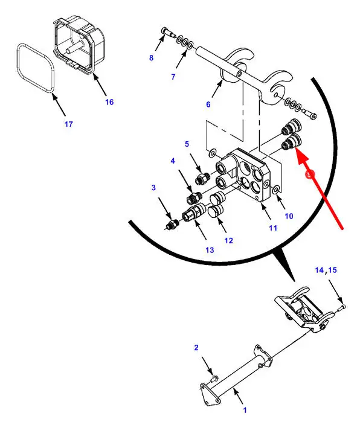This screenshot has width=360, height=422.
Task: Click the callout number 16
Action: (x=109, y=102)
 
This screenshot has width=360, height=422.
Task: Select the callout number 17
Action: (x=69, y=124)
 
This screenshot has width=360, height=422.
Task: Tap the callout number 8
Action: (x=152, y=57)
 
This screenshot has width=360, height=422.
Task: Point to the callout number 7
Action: (x=173, y=77)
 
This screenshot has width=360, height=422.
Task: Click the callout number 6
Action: (x=208, y=104)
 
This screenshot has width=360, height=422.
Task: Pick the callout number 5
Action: (x=187, y=144)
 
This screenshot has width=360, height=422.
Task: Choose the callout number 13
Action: (x=210, y=250)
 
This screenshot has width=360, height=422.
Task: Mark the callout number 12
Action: (x=228, y=241)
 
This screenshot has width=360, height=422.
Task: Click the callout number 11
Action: (x=273, y=228)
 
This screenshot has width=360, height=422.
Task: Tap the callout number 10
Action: (x=289, y=216)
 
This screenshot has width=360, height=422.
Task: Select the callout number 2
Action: (x=196, y=348)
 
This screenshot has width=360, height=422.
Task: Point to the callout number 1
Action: (x=245, y=411)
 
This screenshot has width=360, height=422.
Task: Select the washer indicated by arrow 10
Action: (x=275, y=189)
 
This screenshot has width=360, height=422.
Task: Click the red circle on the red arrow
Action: (x=310, y=174)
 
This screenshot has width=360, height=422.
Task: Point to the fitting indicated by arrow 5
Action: (x=202, y=178)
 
